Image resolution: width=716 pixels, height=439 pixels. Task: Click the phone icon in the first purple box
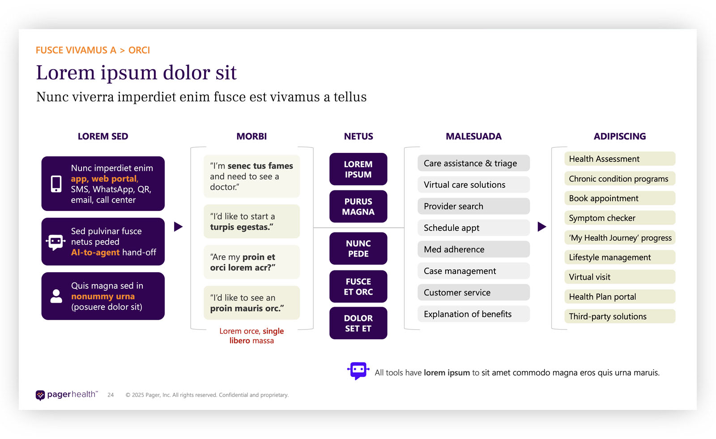coord(56,184)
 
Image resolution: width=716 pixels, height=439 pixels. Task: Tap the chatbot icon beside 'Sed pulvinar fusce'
coord(55,242)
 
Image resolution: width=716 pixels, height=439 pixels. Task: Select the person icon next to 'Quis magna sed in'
coord(56,296)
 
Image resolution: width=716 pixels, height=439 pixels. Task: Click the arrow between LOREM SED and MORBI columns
coord(178,227)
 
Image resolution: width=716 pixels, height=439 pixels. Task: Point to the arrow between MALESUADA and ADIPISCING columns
coord(541,227)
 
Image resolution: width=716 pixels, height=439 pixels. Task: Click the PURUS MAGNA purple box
coord(358,207)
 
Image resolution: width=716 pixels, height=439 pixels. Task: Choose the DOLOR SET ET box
coord(358,323)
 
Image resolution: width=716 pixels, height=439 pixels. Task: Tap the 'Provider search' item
coord(473,206)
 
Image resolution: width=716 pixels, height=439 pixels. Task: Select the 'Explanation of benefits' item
coord(473,314)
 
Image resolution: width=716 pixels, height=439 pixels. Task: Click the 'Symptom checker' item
coord(619,218)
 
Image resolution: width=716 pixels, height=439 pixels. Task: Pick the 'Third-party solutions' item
coord(619,317)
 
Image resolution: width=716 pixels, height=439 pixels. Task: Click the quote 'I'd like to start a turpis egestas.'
coord(251,222)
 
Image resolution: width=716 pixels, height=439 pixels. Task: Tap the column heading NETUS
coord(358,136)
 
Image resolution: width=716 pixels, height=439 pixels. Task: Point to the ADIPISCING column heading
coord(619,136)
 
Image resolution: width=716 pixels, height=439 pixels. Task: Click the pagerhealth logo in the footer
coord(66,395)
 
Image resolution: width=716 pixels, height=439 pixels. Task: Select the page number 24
coord(111,395)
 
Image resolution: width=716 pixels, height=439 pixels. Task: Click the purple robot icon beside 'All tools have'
coord(358,371)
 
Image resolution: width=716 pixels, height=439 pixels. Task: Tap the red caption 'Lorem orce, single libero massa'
coord(251,336)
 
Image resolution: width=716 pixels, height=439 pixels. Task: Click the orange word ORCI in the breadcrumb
coord(139,50)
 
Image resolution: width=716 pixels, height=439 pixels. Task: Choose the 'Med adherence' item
coord(473,249)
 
